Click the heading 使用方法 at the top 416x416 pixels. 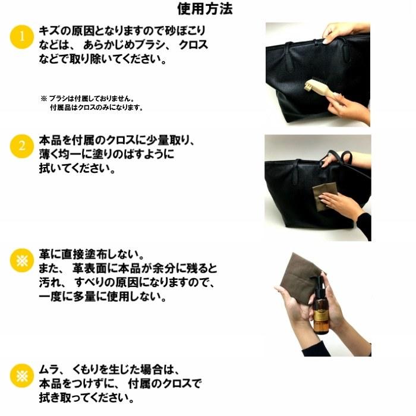tap(204, 9)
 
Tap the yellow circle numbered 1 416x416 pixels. tap(21, 37)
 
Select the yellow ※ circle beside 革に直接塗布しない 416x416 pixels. tap(21, 260)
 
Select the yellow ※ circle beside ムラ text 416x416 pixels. tap(21, 376)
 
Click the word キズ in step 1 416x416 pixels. tap(49, 30)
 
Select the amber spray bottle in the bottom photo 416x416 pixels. tap(322, 306)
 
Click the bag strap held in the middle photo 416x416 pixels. tap(339, 157)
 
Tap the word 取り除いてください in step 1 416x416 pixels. tap(113, 59)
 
